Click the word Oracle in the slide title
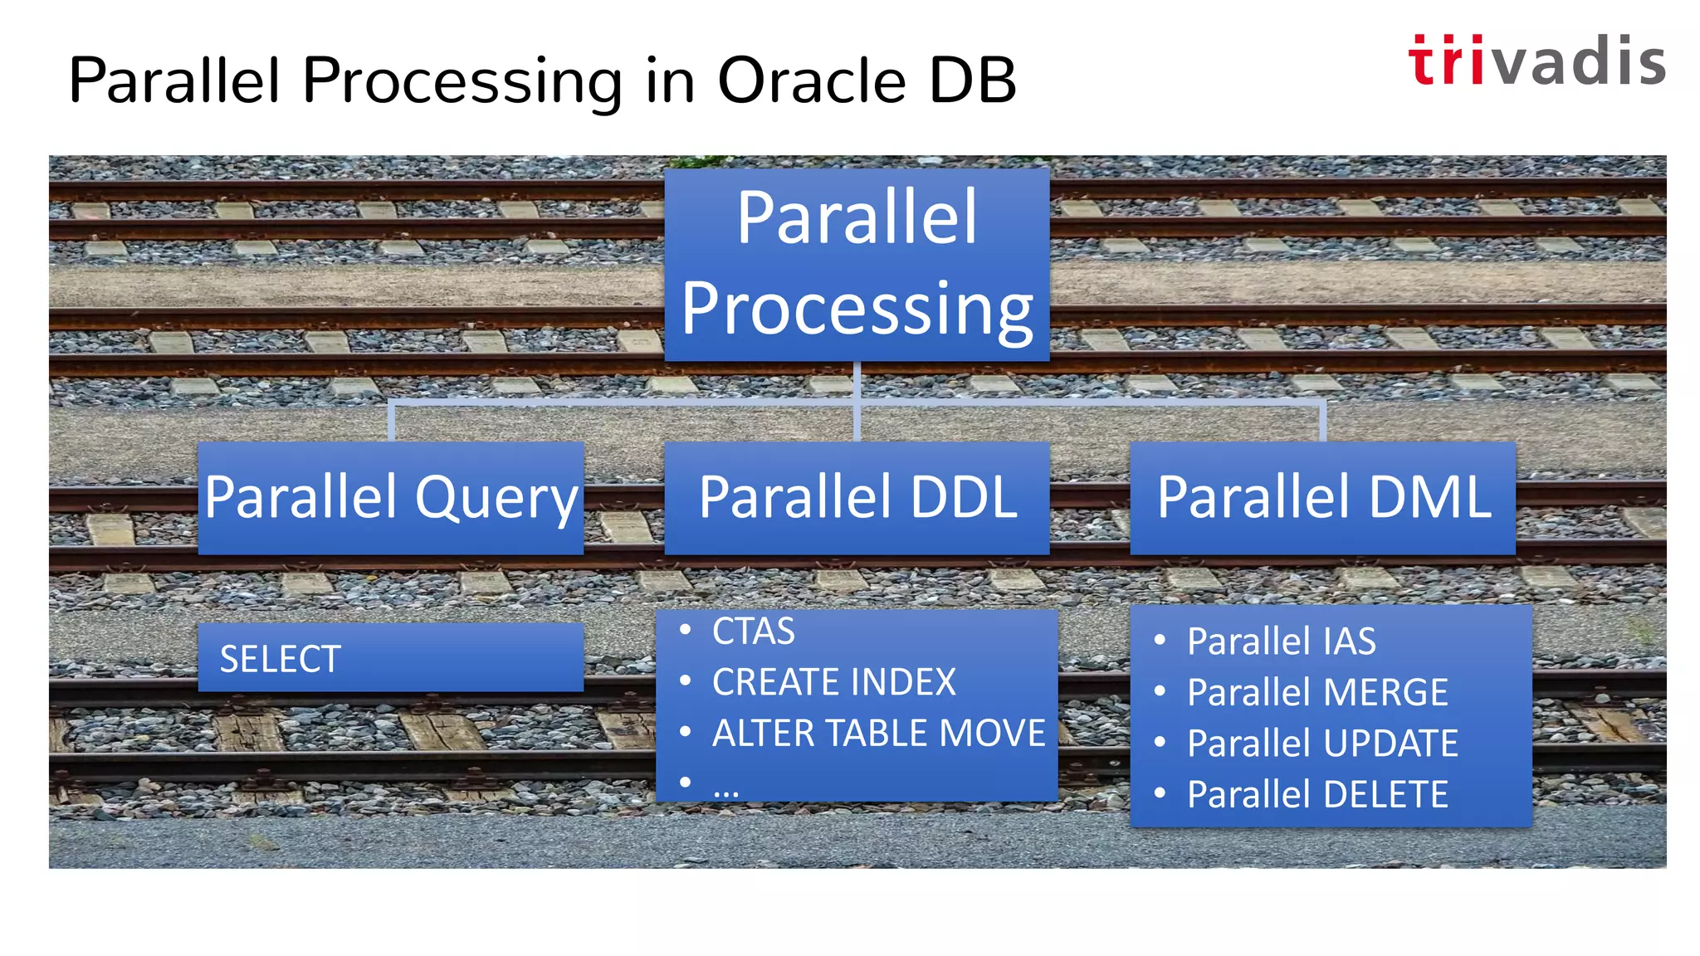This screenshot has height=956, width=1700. click(x=810, y=81)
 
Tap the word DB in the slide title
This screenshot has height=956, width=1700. click(x=972, y=81)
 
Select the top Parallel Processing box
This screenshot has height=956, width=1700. click(x=857, y=264)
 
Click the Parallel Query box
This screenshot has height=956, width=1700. click(x=390, y=498)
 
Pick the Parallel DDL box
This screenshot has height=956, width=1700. click(x=857, y=498)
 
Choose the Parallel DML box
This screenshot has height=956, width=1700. click(x=1322, y=498)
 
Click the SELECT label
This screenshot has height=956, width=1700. click(x=281, y=659)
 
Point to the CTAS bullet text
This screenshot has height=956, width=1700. click(x=753, y=632)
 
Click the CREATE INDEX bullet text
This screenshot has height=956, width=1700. click(x=833, y=682)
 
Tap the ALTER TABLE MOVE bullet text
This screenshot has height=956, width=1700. click(x=878, y=734)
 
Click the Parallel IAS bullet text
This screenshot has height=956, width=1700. click(x=1281, y=641)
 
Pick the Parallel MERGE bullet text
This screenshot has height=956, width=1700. click(x=1317, y=692)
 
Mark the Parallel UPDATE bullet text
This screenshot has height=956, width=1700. click(x=1322, y=744)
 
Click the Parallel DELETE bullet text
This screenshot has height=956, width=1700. click(x=1317, y=794)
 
